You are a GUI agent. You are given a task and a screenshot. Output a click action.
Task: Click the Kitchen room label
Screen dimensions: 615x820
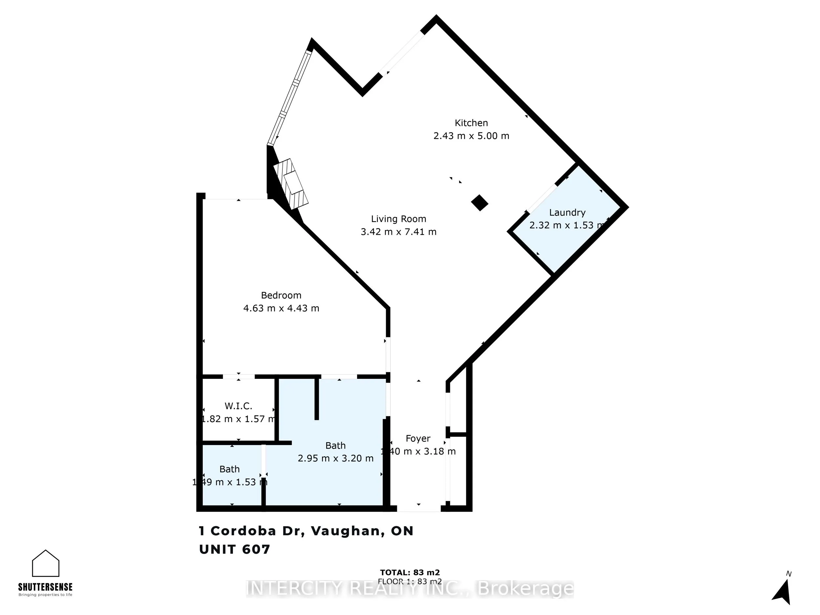coord(471,123)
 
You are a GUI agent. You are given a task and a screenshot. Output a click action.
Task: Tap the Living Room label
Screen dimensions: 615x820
coord(399,219)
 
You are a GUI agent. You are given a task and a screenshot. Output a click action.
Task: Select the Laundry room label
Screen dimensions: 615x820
coord(567,213)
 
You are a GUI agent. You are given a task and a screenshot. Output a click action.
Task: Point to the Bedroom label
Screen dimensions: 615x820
coord(281,296)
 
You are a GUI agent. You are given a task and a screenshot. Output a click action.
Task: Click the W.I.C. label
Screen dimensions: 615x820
coord(238,406)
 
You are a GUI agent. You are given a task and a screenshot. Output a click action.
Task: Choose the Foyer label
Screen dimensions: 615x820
coord(418,439)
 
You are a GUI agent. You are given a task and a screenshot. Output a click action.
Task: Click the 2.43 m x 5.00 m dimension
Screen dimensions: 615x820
coord(471,136)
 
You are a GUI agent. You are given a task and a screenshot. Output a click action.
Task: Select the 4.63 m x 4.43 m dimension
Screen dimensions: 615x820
coord(281,308)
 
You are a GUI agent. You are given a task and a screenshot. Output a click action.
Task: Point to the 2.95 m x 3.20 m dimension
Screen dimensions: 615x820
coord(336,459)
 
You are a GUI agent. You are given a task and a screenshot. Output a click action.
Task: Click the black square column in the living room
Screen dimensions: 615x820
coord(480,203)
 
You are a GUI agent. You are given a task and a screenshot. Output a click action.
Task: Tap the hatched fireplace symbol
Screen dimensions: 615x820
coord(292,183)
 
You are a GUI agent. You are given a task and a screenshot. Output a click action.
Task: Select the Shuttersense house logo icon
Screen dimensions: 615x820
coord(46,563)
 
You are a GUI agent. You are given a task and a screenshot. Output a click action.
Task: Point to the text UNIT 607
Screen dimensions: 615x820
coord(235,549)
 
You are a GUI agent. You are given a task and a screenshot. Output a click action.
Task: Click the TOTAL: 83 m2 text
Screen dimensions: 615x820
coord(410,573)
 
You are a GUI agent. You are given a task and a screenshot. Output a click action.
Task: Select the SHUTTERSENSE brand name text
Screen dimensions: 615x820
coord(45,587)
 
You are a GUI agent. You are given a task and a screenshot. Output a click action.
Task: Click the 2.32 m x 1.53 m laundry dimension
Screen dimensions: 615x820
coord(567,225)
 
